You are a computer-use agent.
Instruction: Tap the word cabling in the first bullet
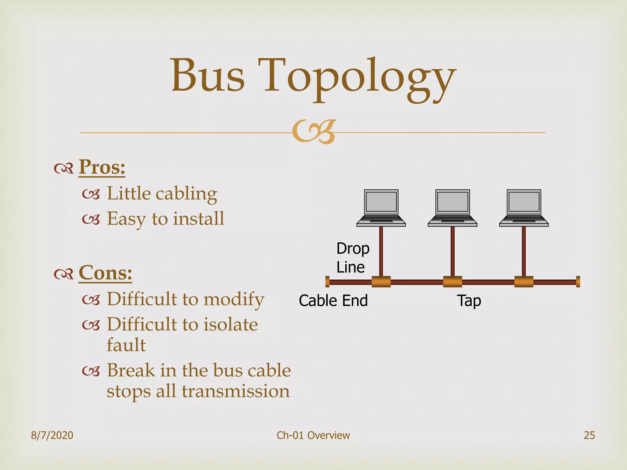tap(186, 194)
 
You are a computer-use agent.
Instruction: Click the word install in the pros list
tap(199, 218)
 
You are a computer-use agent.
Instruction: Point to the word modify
tap(234, 299)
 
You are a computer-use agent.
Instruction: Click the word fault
tap(126, 345)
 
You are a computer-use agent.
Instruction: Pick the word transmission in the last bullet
tap(236, 391)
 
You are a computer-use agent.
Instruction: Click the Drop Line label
tap(353, 258)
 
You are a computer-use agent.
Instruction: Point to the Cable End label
tap(333, 300)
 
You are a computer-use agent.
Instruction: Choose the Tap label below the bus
tap(469, 301)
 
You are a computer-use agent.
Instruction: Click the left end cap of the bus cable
tap(327, 282)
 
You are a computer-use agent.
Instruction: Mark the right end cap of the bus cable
tap(578, 282)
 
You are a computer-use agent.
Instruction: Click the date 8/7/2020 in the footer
tap(52, 435)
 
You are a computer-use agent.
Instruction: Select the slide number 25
tap(589, 435)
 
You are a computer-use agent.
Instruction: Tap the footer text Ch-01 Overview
tap(313, 435)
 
